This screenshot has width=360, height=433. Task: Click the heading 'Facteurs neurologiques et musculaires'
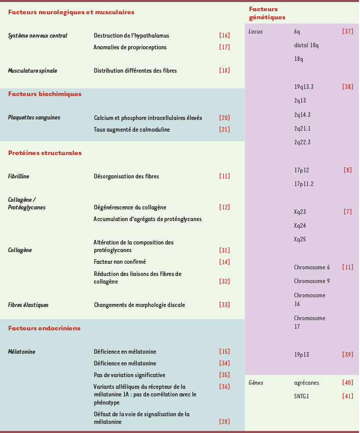pyautogui.click(x=71, y=12)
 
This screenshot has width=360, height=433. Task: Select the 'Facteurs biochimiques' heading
pyautogui.click(x=45, y=94)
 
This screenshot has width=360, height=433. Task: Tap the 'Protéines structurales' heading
pyautogui.click(x=45, y=153)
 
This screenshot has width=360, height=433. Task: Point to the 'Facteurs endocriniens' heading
pyautogui.click(x=44, y=328)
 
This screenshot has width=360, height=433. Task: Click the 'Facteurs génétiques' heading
pyautogui.click(x=267, y=13)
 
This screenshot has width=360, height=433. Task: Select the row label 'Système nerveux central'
pyautogui.click(x=38, y=36)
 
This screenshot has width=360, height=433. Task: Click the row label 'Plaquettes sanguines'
pyautogui.click(x=34, y=117)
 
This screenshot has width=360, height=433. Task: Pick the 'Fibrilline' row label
pyautogui.click(x=18, y=176)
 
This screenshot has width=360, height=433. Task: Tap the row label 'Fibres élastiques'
pyautogui.click(x=28, y=305)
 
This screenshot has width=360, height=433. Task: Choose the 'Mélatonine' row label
pyautogui.click(x=21, y=352)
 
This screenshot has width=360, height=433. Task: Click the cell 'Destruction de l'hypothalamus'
pyautogui.click(x=131, y=36)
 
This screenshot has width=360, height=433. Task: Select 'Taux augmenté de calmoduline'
pyautogui.click(x=132, y=130)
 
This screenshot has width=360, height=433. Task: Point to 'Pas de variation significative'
pyautogui.click(x=130, y=375)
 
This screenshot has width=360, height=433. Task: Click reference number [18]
pyautogui.click(x=224, y=71)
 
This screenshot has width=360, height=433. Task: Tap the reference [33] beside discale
pyautogui.click(x=224, y=305)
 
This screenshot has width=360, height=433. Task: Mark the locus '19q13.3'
pyautogui.click(x=304, y=87)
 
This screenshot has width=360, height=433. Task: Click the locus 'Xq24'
pyautogui.click(x=300, y=226)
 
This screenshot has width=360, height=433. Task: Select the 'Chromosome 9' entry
pyautogui.click(x=312, y=281)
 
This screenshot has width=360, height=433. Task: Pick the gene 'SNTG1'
pyautogui.click(x=302, y=396)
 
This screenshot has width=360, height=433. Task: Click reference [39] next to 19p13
pyautogui.click(x=347, y=355)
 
